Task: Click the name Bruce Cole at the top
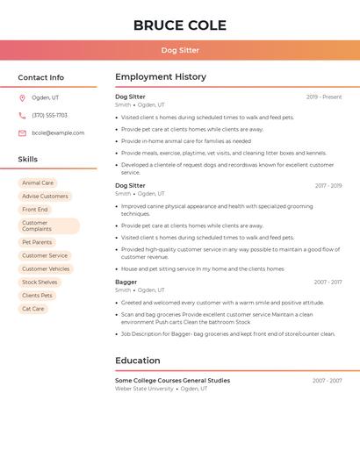pyautogui.click(x=180, y=25)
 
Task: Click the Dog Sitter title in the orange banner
pyautogui.click(x=180, y=51)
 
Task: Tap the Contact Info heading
pyautogui.click(x=40, y=77)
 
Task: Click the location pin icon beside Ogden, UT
pyautogui.click(x=22, y=97)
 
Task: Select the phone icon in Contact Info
pyautogui.click(x=22, y=115)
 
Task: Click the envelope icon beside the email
pyautogui.click(x=22, y=133)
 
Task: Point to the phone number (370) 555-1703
pyautogui.click(x=49, y=115)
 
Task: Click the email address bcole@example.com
pyautogui.click(x=58, y=133)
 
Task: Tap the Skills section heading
pyautogui.click(x=28, y=160)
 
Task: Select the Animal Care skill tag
pyautogui.click(x=38, y=183)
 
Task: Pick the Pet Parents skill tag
pyautogui.click(x=37, y=242)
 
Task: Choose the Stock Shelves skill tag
pyautogui.click(x=40, y=283)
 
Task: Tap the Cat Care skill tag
pyautogui.click(x=33, y=309)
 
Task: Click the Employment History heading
pyautogui.click(x=161, y=77)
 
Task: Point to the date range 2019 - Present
pyautogui.click(x=324, y=97)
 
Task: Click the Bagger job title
pyautogui.click(x=126, y=283)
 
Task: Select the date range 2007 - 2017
pyautogui.click(x=328, y=283)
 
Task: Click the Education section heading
pyautogui.click(x=138, y=361)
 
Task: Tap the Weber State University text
pyautogui.click(x=144, y=389)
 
